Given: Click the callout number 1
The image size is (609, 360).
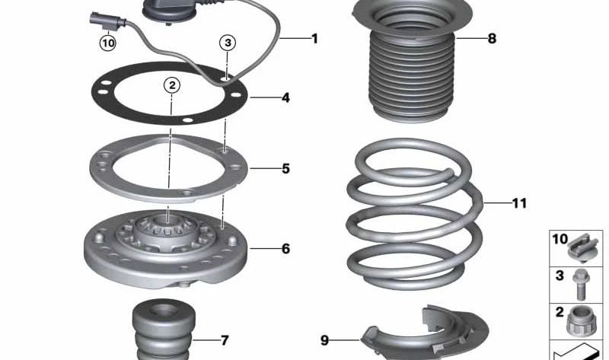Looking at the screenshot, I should pos(314,37).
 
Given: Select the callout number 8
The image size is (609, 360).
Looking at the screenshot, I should pos(492,38).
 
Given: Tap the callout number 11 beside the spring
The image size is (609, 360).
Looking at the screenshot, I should pos(519,203).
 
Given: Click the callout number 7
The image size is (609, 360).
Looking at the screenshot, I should pos(225,340).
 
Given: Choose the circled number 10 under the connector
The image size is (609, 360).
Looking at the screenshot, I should pos(108,43).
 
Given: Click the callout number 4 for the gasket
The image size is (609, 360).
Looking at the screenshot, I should pos(285,98).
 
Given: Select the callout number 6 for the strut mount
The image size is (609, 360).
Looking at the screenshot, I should pos(285,249).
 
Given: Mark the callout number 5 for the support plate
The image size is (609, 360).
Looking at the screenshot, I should pos(285,168).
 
